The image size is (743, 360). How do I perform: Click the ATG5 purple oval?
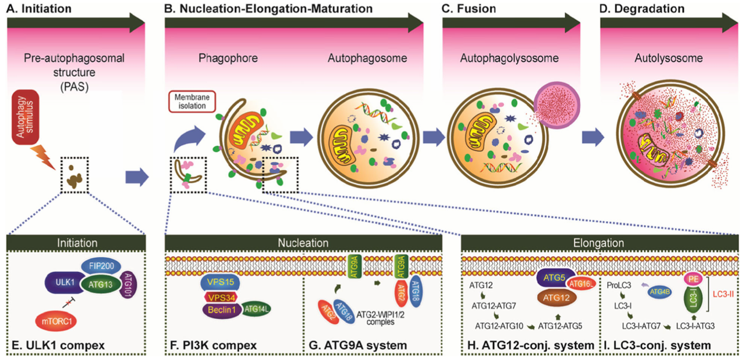[x=555, y=278]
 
